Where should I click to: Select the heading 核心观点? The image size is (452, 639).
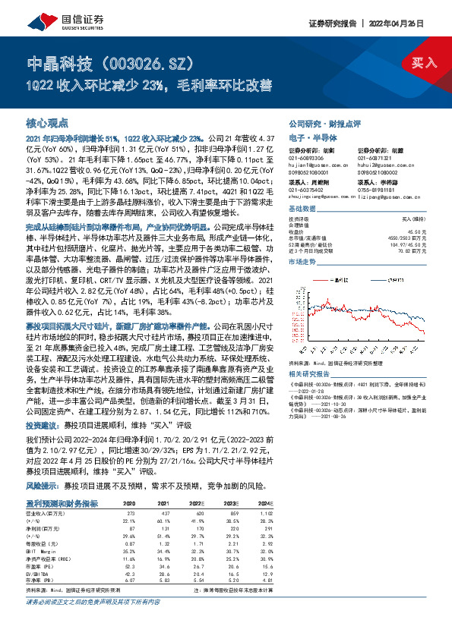pos(48,122)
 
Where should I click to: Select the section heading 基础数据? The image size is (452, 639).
pos(302,209)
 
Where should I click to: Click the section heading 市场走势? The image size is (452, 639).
pos(302,260)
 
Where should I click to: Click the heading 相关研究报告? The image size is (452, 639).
pos(309,374)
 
